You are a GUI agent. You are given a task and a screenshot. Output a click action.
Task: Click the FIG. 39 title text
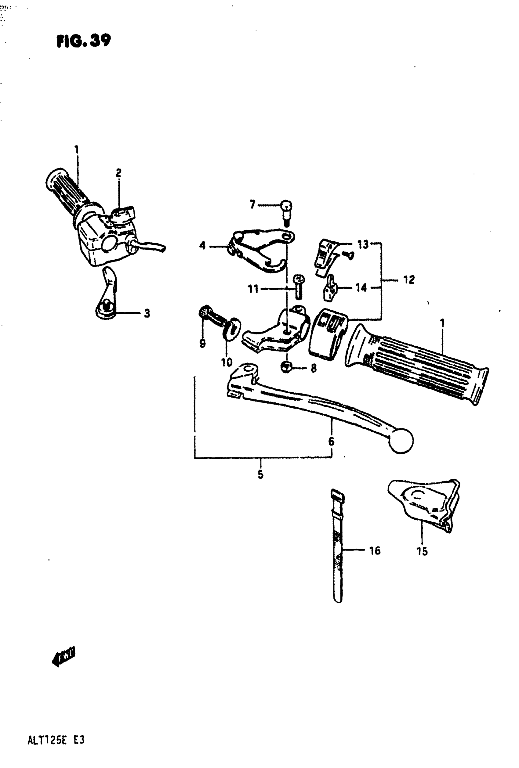pos(84,41)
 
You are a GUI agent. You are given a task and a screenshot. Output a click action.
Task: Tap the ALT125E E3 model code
pos(56,740)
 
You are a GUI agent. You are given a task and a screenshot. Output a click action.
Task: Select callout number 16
pos(375,550)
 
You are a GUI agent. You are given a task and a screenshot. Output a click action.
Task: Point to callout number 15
pos(422,551)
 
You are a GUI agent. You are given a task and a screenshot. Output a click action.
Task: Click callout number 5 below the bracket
pos(260,474)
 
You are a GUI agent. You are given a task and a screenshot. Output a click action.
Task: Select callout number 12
pos(408,280)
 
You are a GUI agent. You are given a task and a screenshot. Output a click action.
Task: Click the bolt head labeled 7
pos(286,206)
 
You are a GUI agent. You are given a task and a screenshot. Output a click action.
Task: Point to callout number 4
pos(202,246)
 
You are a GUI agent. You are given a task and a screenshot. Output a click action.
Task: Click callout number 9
pos(202,343)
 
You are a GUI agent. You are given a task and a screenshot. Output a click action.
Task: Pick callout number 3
pos(147,313)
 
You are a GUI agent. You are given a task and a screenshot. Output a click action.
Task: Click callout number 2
pos(118,172)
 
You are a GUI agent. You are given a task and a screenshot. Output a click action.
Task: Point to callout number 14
pos(361,288)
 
